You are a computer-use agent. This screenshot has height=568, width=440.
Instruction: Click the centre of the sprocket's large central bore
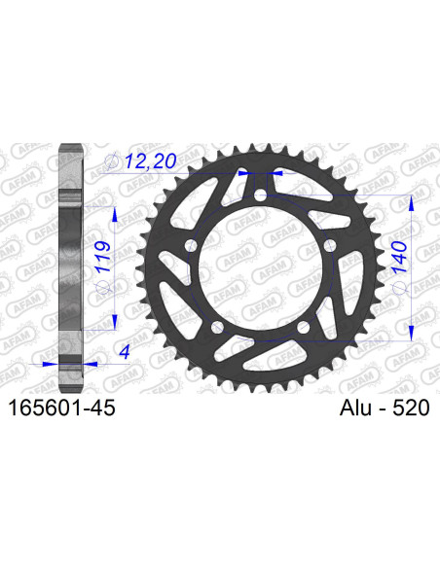260,269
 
